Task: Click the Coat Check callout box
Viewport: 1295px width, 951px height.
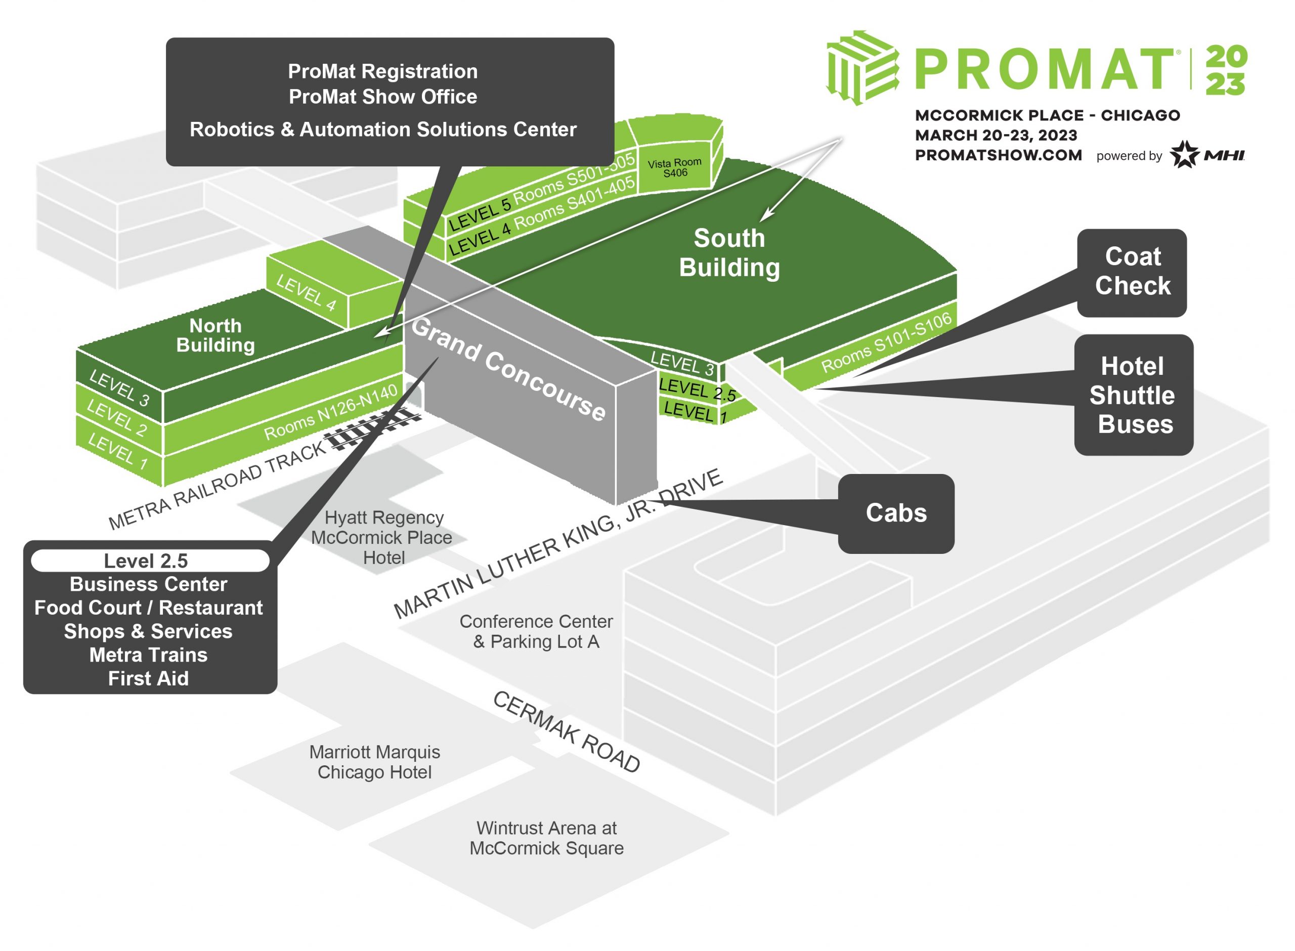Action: click(1132, 272)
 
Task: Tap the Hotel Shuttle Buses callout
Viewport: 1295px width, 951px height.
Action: click(1133, 395)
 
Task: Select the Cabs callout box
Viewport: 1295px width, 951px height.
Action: click(895, 513)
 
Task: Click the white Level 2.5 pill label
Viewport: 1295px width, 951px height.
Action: click(150, 560)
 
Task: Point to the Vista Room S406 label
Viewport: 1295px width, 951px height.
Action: click(674, 167)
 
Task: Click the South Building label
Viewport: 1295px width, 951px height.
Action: click(729, 253)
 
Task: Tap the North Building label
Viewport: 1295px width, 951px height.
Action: click(215, 335)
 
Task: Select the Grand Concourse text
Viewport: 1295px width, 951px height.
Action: click(508, 368)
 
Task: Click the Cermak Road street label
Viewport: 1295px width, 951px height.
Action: click(567, 731)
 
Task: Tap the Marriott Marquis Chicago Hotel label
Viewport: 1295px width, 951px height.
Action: click(374, 762)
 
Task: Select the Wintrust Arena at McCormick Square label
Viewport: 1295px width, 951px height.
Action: click(546, 838)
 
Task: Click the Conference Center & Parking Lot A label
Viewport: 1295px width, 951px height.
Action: click(536, 631)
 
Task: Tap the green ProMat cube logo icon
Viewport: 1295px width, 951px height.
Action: click(861, 67)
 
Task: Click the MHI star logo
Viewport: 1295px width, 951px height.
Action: click(1185, 154)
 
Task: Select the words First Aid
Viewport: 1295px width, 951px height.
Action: click(149, 678)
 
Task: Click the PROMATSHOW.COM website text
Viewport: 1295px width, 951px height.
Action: click(998, 155)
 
